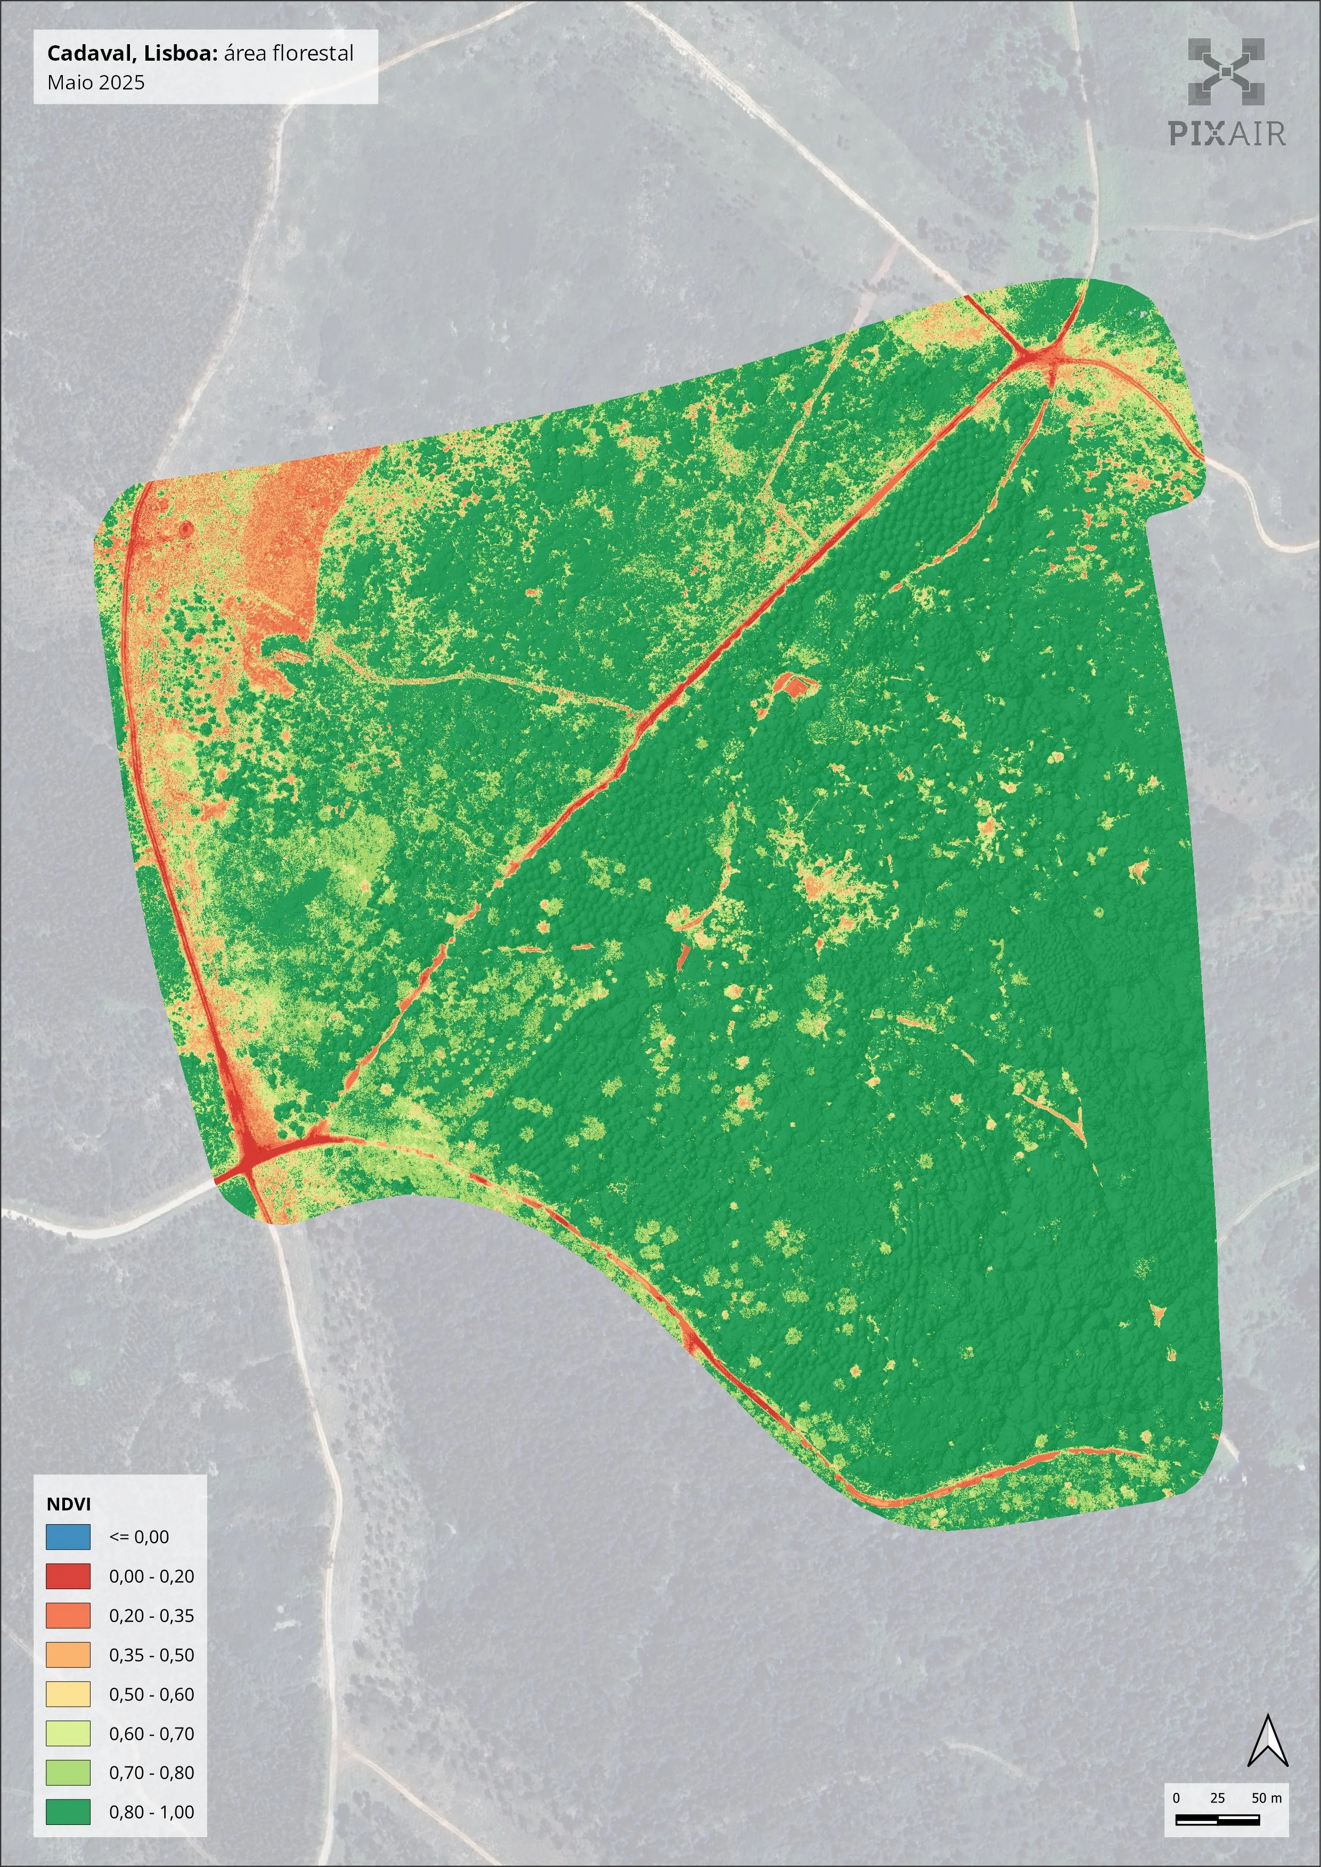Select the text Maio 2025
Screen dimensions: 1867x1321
[x=96, y=82]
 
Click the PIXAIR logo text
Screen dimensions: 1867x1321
[x=1227, y=133]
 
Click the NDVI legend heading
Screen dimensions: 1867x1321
[x=68, y=1503]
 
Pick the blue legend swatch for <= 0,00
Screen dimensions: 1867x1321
[x=68, y=1537]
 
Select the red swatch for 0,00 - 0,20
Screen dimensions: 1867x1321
[x=68, y=1576]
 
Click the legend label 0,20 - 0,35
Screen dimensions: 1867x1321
[x=151, y=1616]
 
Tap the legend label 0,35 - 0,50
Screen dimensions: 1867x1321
[x=151, y=1655]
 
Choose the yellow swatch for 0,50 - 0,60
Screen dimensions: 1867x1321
[x=68, y=1694]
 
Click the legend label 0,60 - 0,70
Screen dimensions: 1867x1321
[x=151, y=1733]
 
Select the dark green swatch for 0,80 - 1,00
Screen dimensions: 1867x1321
[x=68, y=1812]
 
